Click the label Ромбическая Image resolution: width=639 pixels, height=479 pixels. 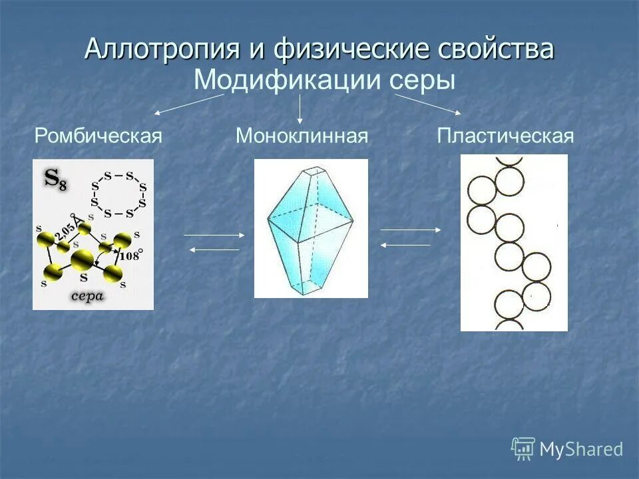(99, 136)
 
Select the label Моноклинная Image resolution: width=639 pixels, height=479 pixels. (302, 136)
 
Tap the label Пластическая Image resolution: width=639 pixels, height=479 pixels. (505, 136)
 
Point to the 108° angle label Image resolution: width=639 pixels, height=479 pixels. (131, 255)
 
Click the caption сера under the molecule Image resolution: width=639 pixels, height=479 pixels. (88, 296)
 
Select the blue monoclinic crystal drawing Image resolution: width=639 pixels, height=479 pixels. (311, 228)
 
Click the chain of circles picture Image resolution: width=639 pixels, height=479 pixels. (514, 243)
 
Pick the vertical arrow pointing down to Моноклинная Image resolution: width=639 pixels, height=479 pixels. (300, 108)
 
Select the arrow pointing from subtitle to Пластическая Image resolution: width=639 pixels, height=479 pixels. (428, 104)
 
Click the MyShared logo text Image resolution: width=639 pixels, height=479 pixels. (580, 449)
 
